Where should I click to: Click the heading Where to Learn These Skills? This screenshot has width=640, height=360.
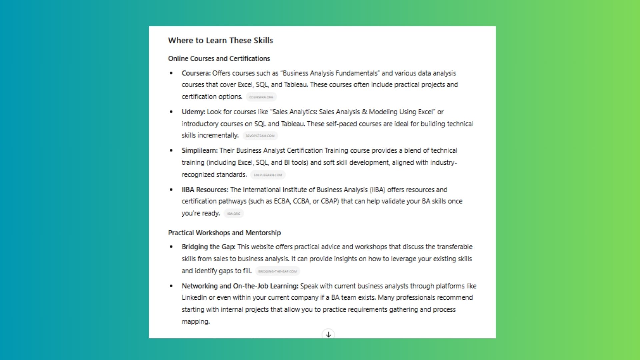220,40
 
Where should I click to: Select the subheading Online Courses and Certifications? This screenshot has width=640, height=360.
219,59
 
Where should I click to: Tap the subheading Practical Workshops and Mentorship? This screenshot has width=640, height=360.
224,233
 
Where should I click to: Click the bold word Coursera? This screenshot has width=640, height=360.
196,73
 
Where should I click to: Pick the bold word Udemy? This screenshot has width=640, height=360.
193,112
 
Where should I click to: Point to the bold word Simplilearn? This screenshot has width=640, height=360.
199,150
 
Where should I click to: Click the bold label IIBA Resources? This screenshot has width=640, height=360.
205,190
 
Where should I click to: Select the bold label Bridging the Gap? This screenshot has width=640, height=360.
208,247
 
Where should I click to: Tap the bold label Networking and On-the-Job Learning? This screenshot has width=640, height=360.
240,286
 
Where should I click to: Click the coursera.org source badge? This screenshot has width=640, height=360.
261,97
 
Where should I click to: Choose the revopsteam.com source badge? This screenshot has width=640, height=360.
260,136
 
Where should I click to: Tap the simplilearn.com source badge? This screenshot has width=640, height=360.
268,175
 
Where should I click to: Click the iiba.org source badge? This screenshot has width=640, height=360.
233,214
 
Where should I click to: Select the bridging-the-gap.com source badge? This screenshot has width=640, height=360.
277,271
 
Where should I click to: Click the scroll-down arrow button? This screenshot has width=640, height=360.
328,334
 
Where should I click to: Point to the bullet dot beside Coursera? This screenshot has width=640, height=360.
171,73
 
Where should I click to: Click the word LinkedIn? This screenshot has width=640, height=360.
194,297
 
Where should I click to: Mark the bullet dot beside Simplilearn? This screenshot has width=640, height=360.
171,150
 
